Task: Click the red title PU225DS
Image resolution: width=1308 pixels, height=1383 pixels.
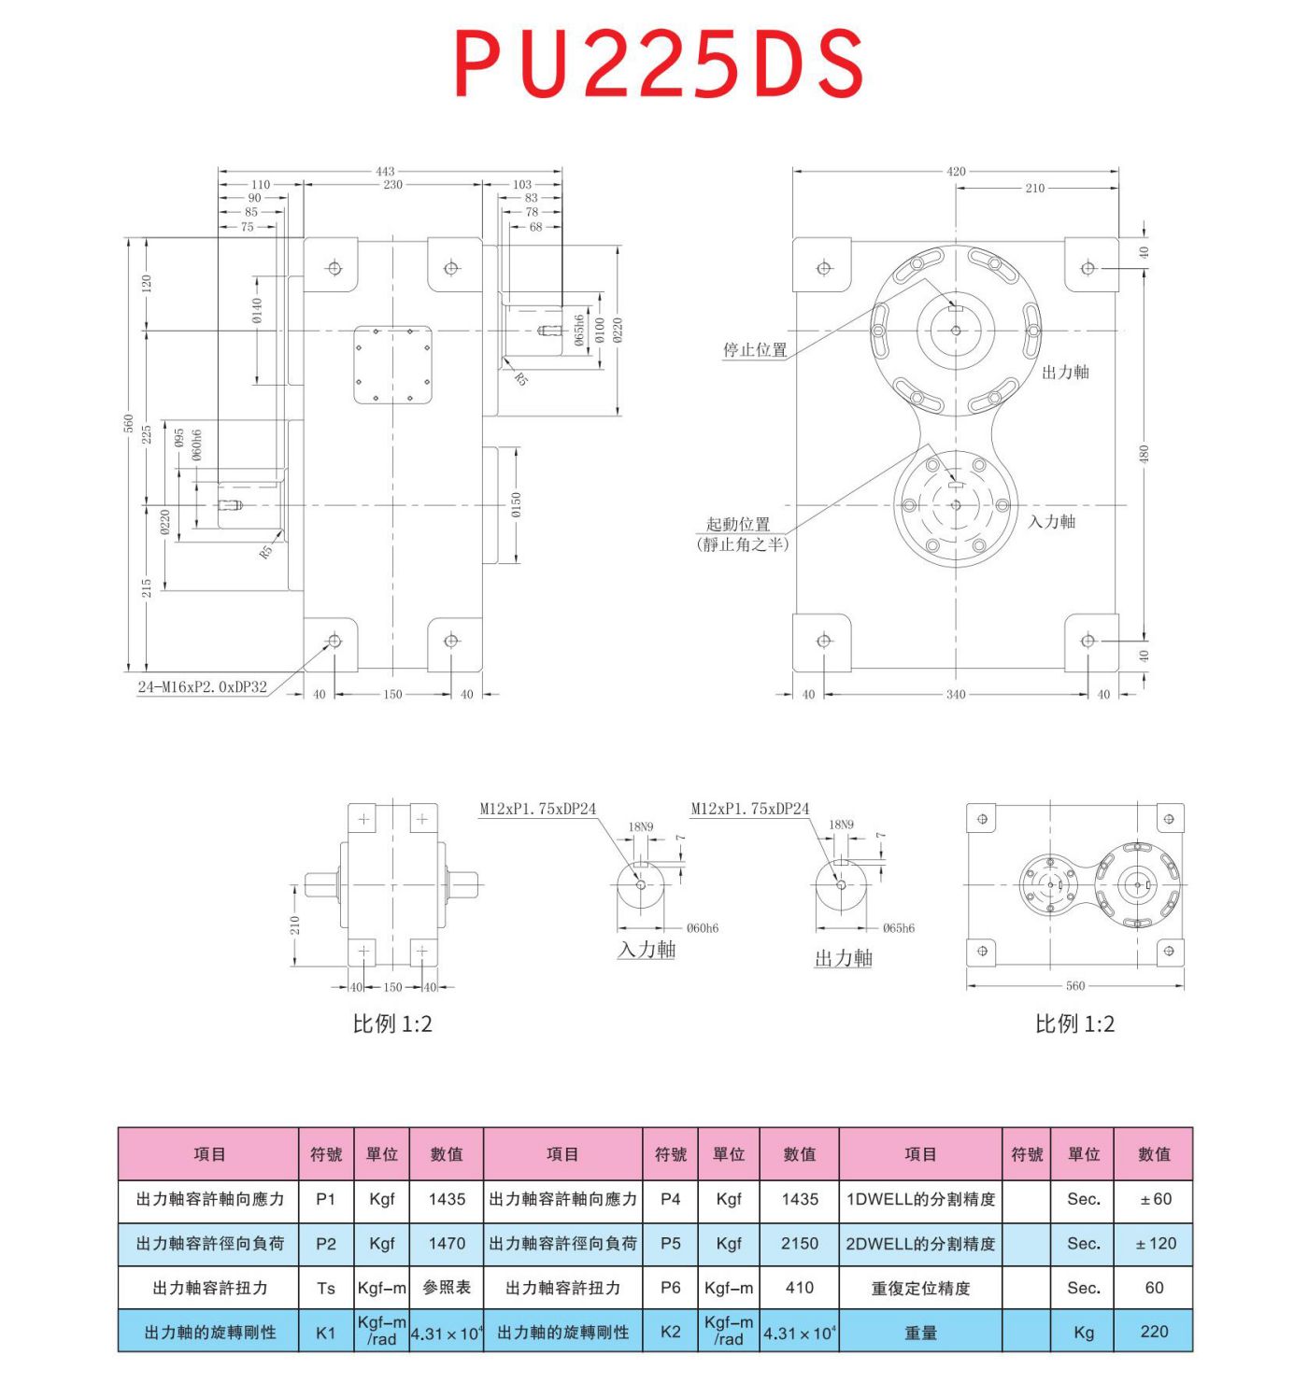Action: [x=659, y=64]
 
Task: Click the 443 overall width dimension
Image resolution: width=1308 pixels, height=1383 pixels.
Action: [x=385, y=171]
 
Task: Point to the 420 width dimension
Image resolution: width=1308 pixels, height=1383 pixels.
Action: [x=956, y=171]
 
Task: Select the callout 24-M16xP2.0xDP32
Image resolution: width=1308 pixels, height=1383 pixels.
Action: [x=203, y=687]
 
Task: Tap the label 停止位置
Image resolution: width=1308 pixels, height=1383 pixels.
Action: [x=755, y=350]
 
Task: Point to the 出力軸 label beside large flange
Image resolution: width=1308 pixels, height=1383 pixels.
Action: [x=1065, y=373]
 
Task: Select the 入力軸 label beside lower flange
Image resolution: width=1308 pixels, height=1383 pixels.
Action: [x=1051, y=522]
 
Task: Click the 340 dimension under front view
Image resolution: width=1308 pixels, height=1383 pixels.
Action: [x=956, y=695]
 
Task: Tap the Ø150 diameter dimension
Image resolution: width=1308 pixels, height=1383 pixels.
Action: [x=517, y=505]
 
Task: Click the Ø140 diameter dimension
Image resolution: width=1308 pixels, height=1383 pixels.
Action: [x=258, y=311]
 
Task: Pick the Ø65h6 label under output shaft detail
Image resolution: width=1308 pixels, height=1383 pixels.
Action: [x=898, y=928]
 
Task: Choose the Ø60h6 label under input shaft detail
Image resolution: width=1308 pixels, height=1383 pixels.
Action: [x=703, y=928]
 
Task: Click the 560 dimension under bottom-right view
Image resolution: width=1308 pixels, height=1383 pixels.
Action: [x=1075, y=986]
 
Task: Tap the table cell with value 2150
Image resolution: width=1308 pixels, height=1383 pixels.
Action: [x=800, y=1244]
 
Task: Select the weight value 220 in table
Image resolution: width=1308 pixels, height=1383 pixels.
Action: [x=1154, y=1332]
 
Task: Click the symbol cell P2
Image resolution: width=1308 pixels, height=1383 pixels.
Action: [x=326, y=1244]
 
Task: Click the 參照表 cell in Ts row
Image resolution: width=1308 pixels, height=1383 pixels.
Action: [x=447, y=1288]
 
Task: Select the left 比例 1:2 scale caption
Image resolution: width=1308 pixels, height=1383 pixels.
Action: [x=392, y=1024]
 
